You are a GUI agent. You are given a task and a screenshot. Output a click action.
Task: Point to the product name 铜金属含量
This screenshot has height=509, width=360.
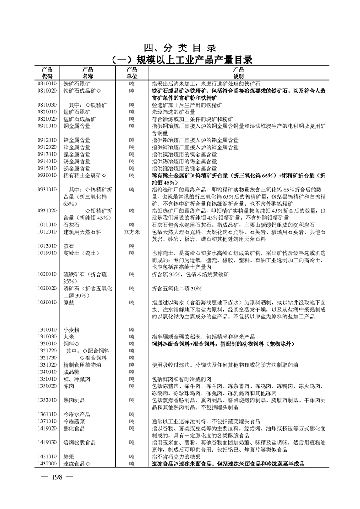(77, 126)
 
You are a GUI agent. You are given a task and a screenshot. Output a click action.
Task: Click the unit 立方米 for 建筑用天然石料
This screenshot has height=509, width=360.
(132, 232)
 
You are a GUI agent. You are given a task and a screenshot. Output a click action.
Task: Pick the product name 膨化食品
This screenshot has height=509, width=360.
(74, 429)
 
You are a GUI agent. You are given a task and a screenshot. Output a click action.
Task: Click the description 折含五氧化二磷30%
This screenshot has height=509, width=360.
(177, 288)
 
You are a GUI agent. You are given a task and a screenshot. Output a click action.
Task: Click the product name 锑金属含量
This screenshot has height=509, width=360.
(77, 168)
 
